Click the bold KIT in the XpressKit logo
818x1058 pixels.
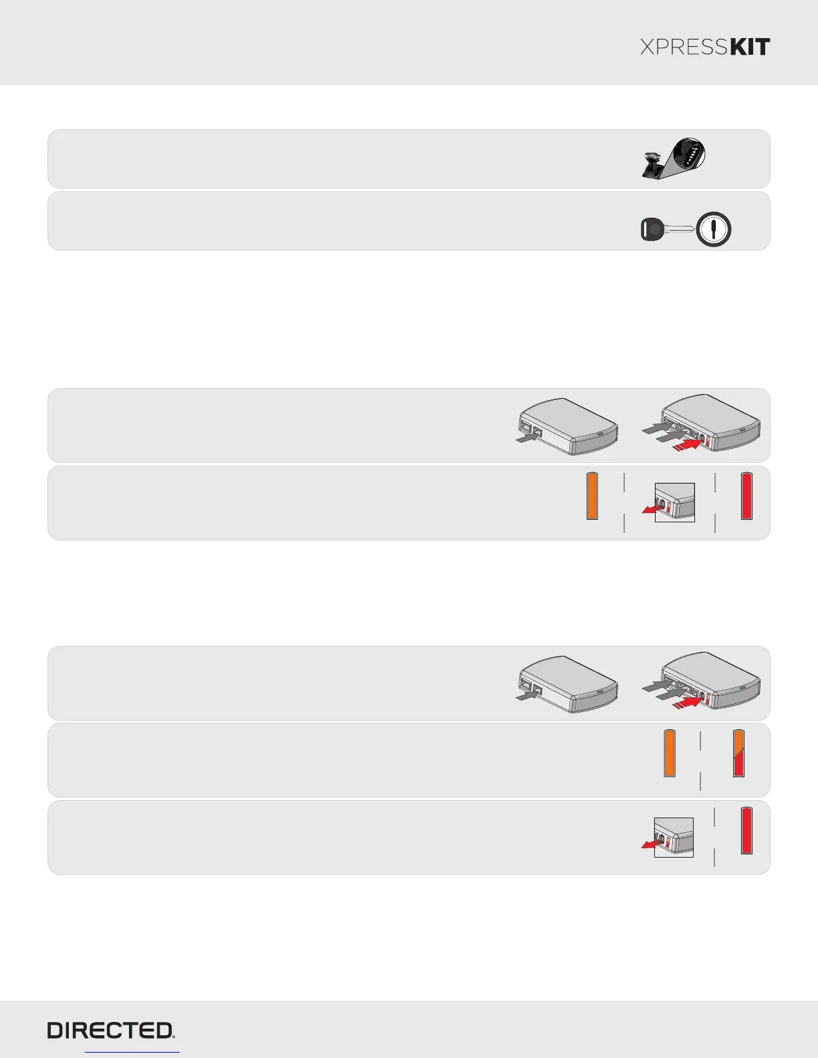(x=751, y=47)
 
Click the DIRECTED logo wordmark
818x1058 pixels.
(x=110, y=1031)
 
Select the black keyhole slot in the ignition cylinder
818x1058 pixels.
(x=714, y=230)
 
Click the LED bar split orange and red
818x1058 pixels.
(x=739, y=753)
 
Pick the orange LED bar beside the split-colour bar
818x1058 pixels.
(x=670, y=753)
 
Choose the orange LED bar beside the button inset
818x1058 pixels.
(x=592, y=496)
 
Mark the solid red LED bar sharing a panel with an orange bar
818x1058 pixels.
(x=746, y=496)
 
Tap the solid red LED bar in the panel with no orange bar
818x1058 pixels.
(x=746, y=831)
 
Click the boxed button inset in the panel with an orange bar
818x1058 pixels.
(x=674, y=502)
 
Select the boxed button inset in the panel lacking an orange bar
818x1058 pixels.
(x=673, y=837)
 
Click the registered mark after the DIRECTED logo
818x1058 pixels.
(x=175, y=1037)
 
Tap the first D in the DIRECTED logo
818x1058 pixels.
(x=55, y=1031)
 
